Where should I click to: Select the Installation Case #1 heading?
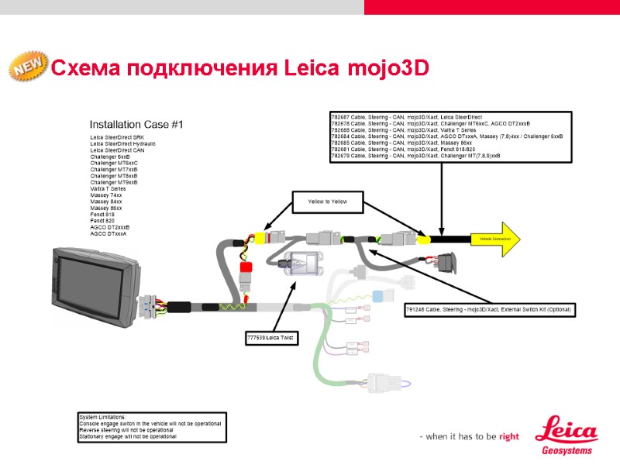coord(136,125)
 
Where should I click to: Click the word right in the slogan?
coord(509,436)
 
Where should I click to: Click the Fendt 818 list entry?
coord(102,215)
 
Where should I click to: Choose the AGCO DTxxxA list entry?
coord(109,233)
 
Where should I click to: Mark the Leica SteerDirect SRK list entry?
coord(117,138)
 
